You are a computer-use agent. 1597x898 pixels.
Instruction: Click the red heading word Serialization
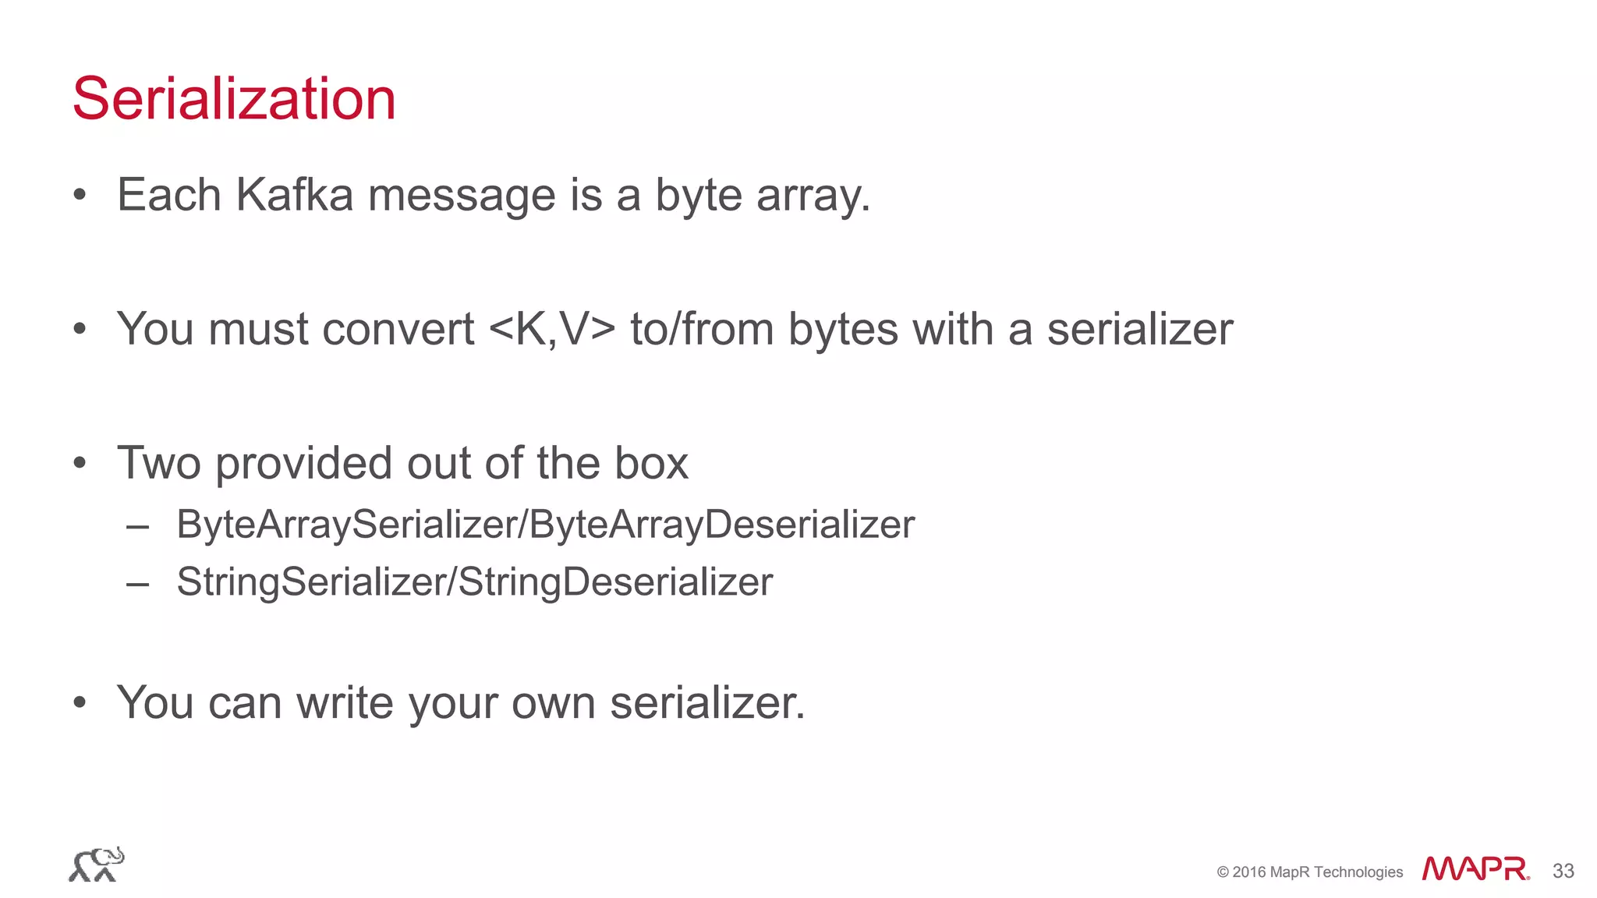click(234, 99)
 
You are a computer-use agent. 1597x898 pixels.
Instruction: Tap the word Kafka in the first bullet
click(294, 195)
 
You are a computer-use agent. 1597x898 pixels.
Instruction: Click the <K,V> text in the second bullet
click(552, 329)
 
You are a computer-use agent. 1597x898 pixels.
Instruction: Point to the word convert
click(398, 329)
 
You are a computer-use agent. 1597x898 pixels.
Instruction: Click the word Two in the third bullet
click(159, 463)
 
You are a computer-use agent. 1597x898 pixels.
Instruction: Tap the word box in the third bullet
click(651, 463)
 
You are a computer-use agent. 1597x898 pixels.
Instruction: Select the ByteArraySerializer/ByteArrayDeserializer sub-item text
click(545, 524)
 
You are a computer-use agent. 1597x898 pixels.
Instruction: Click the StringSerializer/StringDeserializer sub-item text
click(474, 582)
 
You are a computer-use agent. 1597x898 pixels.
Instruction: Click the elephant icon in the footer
click(97, 864)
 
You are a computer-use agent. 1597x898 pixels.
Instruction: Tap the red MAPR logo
click(1475, 868)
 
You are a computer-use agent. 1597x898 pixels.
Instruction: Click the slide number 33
click(1563, 871)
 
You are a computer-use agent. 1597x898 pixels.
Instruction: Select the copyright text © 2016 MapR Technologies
click(1309, 872)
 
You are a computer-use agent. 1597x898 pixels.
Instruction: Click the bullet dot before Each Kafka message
click(79, 196)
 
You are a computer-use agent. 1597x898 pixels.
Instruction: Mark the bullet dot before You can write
click(79, 703)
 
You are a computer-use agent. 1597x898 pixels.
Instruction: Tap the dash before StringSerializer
click(137, 584)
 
